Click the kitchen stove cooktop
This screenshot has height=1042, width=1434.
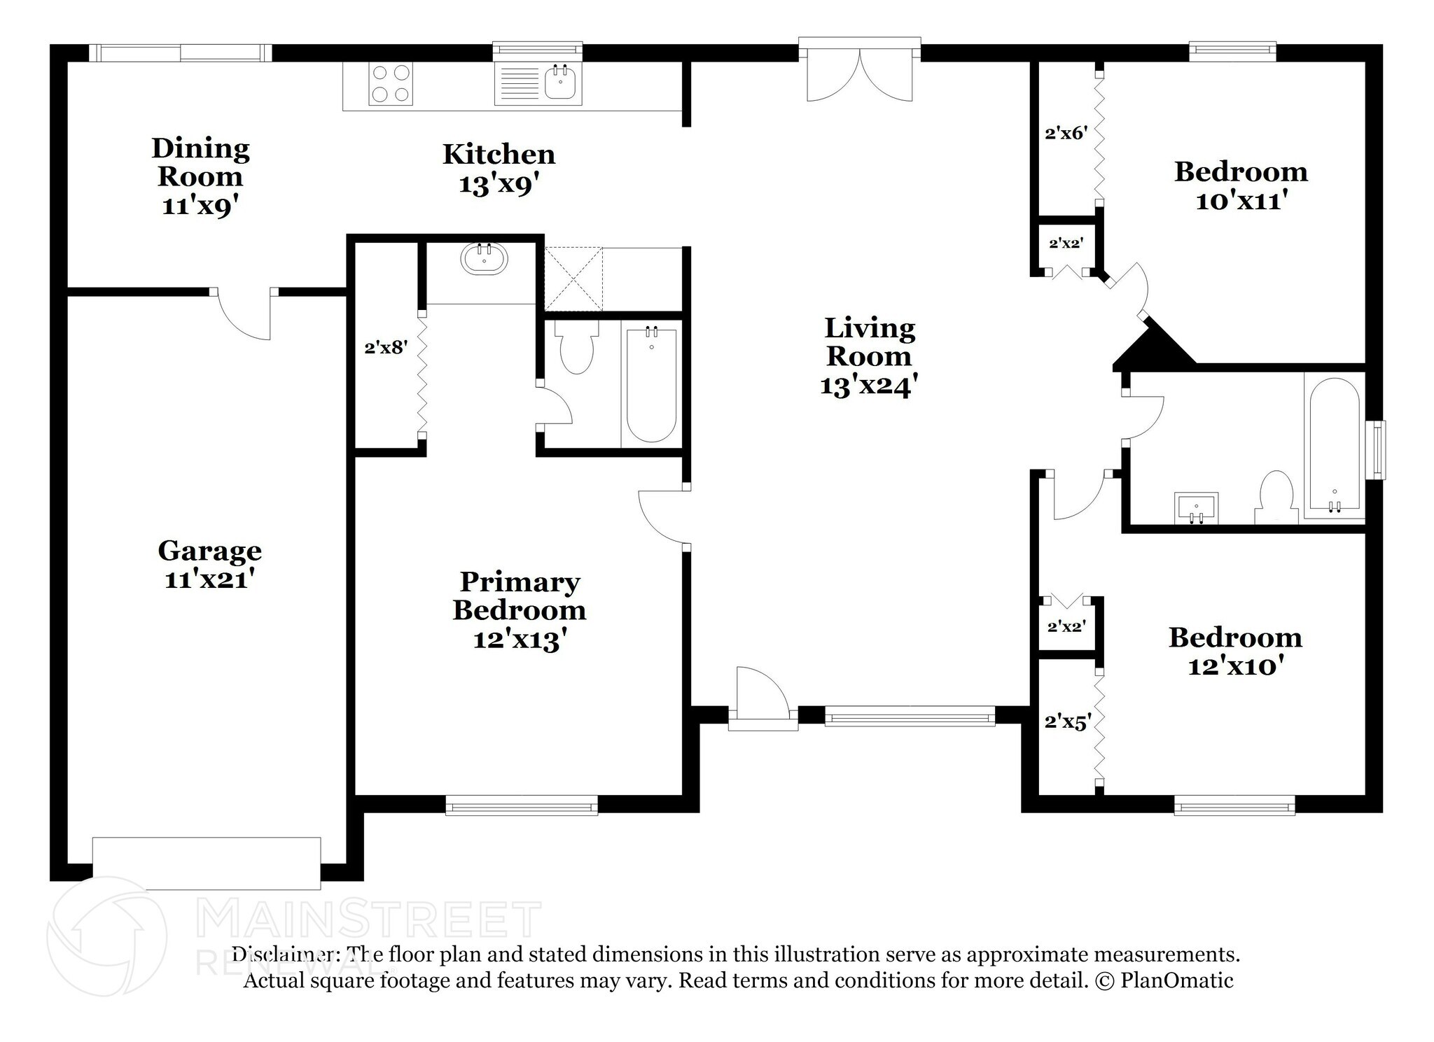point(391,84)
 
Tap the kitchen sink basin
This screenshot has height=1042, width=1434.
point(561,83)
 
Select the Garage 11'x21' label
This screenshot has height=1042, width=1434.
point(209,565)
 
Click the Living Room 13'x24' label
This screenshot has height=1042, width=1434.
point(869,357)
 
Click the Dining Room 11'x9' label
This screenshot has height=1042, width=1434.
point(200,177)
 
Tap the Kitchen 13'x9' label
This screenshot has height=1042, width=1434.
point(499,169)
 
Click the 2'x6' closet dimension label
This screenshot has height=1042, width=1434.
point(1066,133)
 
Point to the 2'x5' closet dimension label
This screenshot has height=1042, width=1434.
point(1068,721)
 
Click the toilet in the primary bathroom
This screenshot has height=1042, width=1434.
point(576,347)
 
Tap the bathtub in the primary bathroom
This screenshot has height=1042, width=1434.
point(651,385)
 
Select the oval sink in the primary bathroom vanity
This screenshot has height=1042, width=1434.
point(484,259)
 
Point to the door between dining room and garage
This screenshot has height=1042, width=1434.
point(244,315)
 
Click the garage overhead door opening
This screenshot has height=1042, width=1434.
point(207,864)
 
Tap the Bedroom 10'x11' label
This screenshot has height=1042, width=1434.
point(1241,186)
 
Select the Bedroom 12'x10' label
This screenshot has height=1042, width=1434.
point(1236,652)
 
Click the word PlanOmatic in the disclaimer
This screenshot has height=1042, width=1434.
point(1176,980)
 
